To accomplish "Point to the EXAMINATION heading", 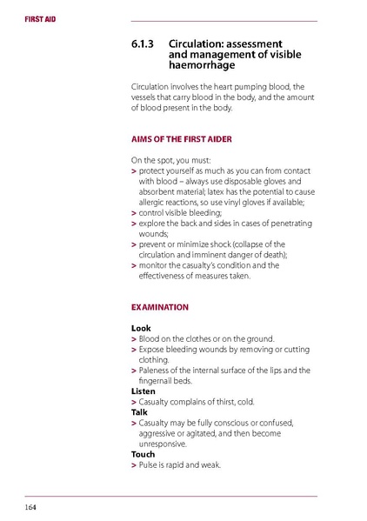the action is [x=159, y=307].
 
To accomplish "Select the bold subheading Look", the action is [x=141, y=328].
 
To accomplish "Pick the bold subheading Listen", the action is [x=143, y=391].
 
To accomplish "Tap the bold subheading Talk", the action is [x=139, y=412].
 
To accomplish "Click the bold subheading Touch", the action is [x=143, y=454].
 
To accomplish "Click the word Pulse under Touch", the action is [x=149, y=464].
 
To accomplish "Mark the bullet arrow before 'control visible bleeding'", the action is [x=133, y=213].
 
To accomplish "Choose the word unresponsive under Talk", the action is [x=163, y=444].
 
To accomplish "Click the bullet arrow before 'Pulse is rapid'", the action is [x=133, y=465].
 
